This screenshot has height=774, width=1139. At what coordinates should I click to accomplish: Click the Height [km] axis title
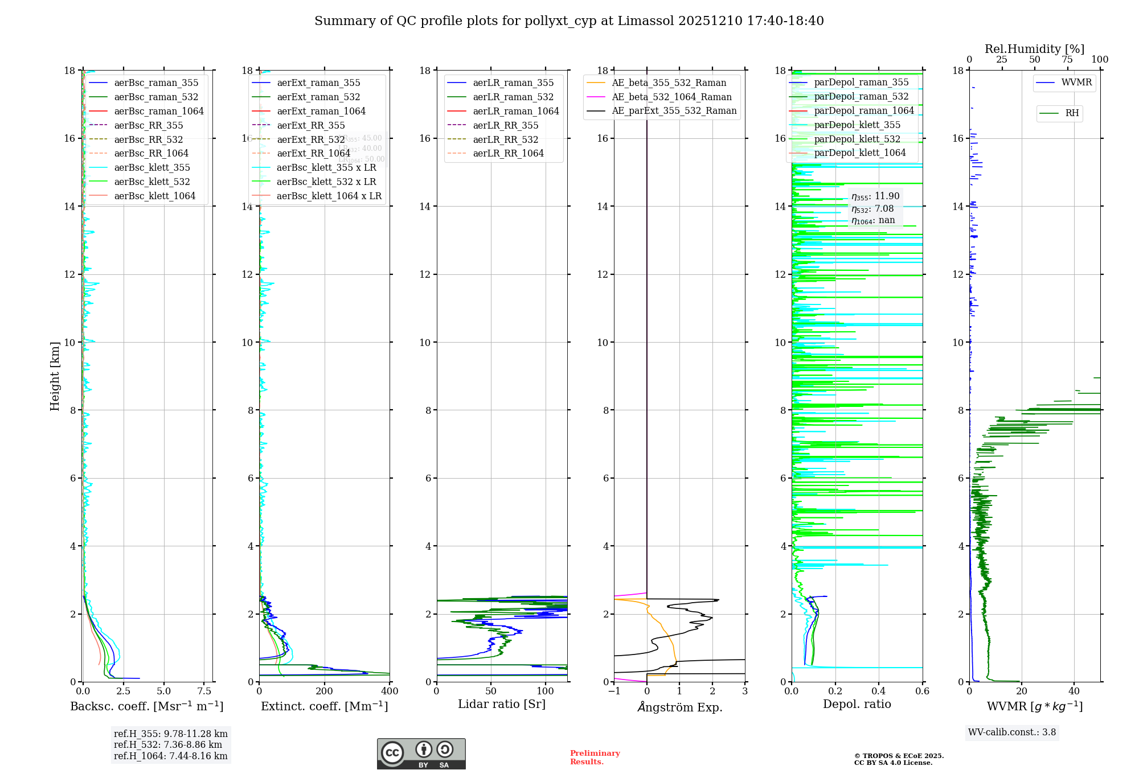click(55, 376)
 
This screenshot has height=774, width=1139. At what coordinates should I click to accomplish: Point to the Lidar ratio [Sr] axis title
click(502, 705)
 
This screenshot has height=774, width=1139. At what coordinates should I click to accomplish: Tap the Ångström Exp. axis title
click(679, 707)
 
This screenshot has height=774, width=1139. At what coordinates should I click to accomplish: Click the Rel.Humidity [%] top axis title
click(1034, 49)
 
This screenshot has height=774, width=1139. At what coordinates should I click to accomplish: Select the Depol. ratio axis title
click(857, 705)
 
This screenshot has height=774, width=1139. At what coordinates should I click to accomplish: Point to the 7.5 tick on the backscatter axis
click(204, 691)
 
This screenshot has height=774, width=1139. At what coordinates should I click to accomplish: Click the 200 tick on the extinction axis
click(325, 691)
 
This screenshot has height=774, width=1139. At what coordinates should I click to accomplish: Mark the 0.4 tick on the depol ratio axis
click(879, 691)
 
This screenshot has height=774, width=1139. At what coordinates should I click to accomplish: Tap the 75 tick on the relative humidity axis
click(1067, 60)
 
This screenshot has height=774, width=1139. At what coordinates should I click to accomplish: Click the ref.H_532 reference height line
click(168, 745)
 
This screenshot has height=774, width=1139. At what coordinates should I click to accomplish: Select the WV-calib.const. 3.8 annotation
click(1012, 732)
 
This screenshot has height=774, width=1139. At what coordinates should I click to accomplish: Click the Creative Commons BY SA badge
click(421, 754)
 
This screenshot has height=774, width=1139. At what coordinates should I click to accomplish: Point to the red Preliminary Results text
click(595, 757)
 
